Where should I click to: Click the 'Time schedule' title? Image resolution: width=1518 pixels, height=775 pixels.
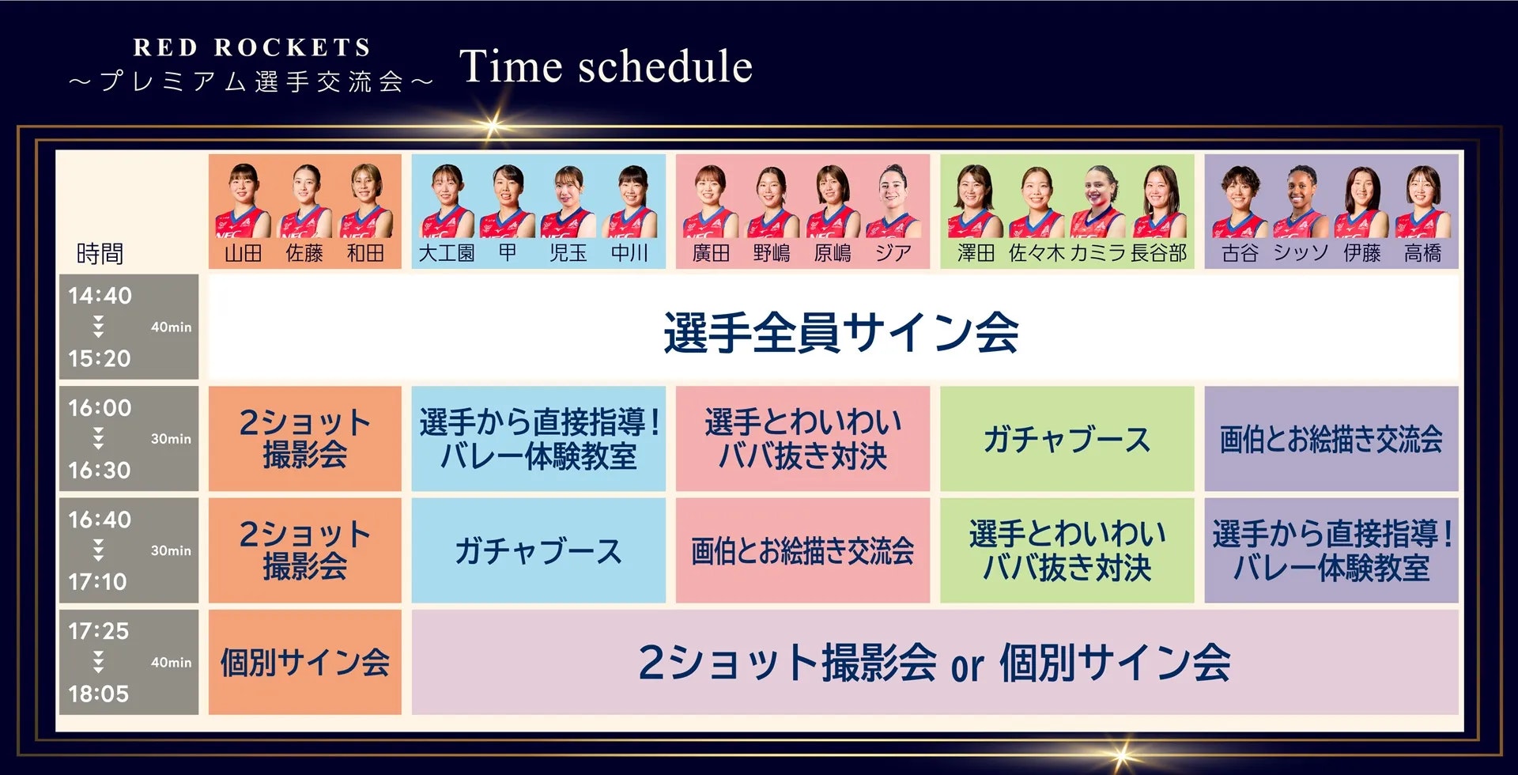[x=606, y=66]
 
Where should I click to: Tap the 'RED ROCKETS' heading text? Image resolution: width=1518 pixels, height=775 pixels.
[x=252, y=47]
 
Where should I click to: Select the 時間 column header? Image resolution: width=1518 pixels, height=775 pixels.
[x=100, y=253]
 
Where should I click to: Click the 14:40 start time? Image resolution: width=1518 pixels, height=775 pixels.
[x=100, y=296]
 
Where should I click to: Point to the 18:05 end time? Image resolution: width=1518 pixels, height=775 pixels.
[x=98, y=694]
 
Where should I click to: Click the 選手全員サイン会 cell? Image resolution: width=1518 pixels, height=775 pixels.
[x=833, y=328]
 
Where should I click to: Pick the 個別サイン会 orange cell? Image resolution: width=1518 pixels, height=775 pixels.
[x=305, y=662]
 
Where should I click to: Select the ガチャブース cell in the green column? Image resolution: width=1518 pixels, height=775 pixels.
[x=1067, y=439]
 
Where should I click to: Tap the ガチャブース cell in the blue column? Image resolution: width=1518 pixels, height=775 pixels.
[x=538, y=550]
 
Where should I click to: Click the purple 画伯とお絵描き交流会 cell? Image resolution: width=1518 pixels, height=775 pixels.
[x=1331, y=439]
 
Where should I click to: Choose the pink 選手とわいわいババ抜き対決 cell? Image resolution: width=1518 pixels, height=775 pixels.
[x=802, y=439]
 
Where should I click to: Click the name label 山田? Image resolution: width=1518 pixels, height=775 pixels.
[x=243, y=253]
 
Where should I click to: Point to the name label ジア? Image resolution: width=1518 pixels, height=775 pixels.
[x=893, y=253]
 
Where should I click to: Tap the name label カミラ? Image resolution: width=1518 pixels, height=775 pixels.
[x=1097, y=253]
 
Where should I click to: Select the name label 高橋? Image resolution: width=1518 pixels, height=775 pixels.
[x=1422, y=253]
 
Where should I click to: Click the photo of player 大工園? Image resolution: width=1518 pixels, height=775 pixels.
[x=447, y=201]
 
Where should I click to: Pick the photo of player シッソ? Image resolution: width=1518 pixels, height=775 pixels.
[x=1301, y=201]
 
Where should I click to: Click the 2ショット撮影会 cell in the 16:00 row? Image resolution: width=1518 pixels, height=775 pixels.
[x=305, y=439]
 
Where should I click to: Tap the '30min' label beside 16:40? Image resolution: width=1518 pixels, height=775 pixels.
[x=171, y=550]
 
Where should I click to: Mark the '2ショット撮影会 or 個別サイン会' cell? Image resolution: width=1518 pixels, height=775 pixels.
[x=935, y=662]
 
